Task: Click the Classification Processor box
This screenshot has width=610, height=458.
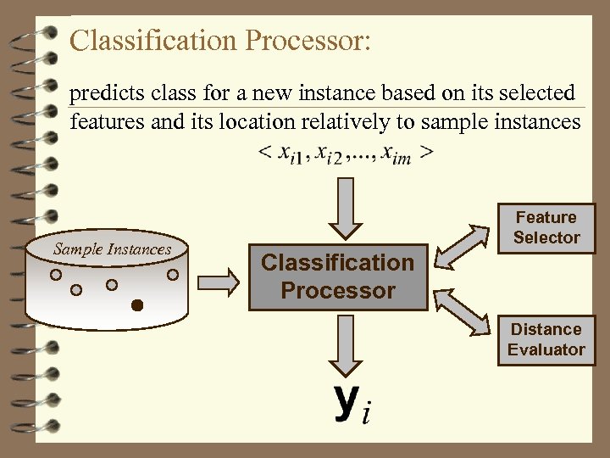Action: point(337,276)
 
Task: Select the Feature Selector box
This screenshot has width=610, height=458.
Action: point(546,228)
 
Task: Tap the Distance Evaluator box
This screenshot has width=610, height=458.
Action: point(546,339)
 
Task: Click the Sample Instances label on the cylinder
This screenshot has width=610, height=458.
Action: point(112,249)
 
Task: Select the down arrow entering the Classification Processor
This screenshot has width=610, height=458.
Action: point(344,208)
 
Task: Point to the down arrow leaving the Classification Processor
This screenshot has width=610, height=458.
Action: point(344,343)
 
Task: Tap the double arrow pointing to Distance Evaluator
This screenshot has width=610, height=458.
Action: point(465,309)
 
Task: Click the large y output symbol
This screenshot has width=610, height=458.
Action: point(346,401)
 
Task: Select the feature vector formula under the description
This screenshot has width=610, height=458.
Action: point(346,154)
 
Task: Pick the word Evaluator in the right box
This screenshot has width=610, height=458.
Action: point(546,349)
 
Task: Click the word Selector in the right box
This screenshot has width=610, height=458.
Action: point(546,238)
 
